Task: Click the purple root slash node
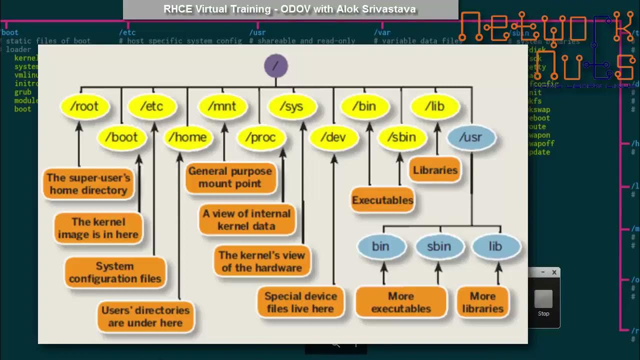[x=276, y=66]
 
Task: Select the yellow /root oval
[x=84, y=106]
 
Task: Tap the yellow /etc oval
[x=152, y=106]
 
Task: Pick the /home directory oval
[x=187, y=137]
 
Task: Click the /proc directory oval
[x=261, y=137]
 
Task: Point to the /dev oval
[x=333, y=137]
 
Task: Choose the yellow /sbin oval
[x=401, y=137]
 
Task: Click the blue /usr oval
[x=471, y=137]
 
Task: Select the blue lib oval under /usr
[x=495, y=246]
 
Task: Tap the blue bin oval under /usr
[x=380, y=246]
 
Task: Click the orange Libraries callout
[x=435, y=170]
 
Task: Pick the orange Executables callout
[x=382, y=200]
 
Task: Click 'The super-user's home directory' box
[x=88, y=184]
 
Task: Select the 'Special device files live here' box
[x=300, y=302]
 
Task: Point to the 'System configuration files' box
[x=115, y=272]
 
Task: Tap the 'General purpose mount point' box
[x=230, y=177]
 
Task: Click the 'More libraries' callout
[x=482, y=302]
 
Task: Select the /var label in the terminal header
[x=382, y=32]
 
